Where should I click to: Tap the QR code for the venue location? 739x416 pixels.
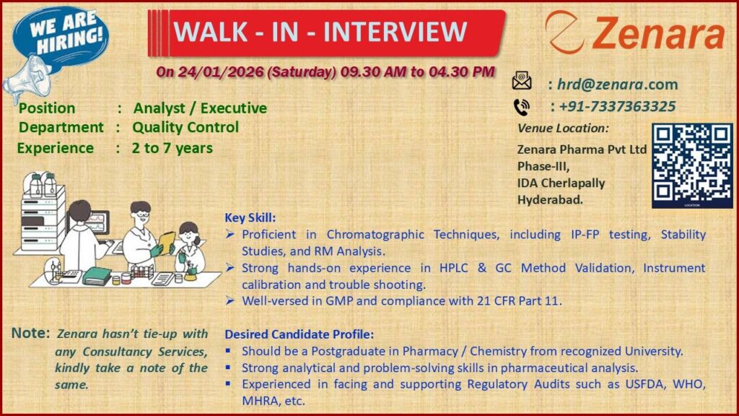[x=692, y=165]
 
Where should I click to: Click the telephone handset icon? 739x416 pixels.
[x=521, y=107]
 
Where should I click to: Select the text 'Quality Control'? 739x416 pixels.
[x=185, y=128]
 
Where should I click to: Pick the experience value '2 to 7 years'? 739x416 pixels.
[x=172, y=149]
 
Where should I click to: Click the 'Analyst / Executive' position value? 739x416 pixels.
[x=200, y=108]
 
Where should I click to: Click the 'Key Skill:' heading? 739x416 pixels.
[x=250, y=217]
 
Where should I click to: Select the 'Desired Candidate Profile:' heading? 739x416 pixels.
[x=299, y=335]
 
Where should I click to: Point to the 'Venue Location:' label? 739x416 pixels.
[x=563, y=129]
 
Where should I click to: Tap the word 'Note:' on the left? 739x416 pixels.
[x=30, y=334]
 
